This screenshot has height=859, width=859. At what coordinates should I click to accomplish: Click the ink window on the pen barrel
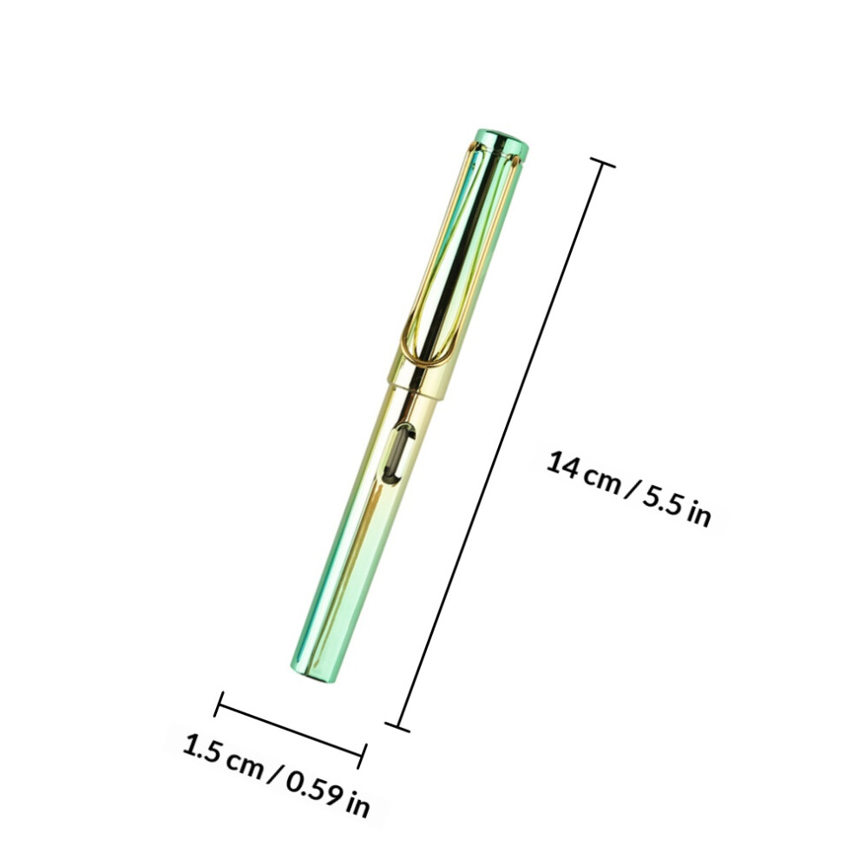(x=399, y=454)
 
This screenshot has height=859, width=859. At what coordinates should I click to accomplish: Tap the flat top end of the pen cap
(x=503, y=140)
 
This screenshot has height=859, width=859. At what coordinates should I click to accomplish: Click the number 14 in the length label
(x=562, y=465)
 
